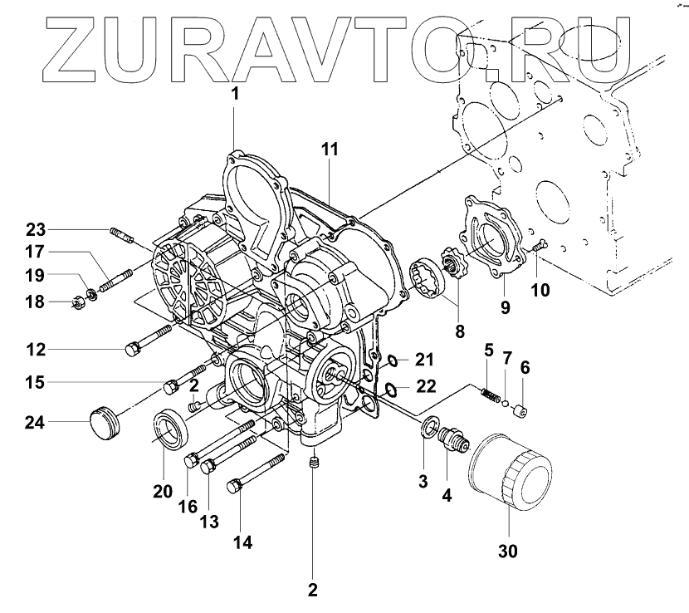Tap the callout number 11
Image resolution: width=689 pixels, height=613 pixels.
pyautogui.click(x=330, y=150)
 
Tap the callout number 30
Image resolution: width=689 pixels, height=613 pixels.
pyautogui.click(x=509, y=551)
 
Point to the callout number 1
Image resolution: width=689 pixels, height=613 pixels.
pyautogui.click(x=234, y=94)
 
